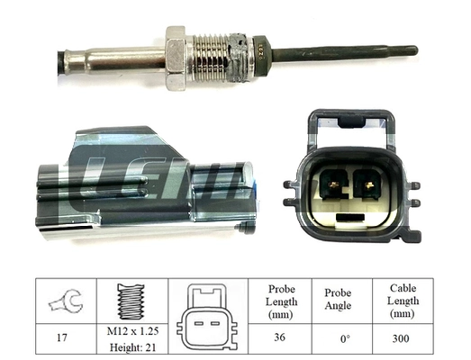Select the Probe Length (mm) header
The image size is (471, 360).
click(x=282, y=301)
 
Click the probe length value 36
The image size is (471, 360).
click(x=282, y=339)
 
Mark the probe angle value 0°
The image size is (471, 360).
click(x=340, y=339)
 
